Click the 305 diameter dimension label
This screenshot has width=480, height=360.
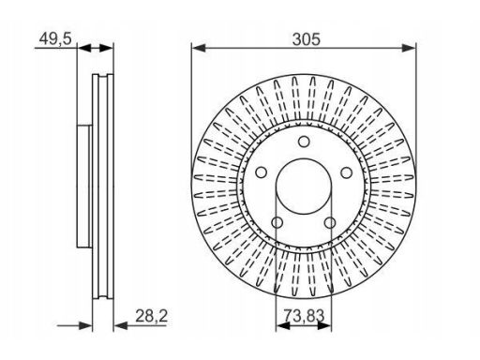point(307,39)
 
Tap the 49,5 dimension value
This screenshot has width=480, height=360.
point(55,38)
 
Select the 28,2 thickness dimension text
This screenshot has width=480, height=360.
point(152,316)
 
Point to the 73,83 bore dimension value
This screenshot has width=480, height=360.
point(304,315)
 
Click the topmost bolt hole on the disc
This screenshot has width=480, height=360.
point(304,142)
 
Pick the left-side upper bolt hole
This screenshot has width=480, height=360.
point(261,172)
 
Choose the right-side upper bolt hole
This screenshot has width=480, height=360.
point(346,172)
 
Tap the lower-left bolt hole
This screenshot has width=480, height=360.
point(277,223)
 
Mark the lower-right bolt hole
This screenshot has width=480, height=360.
point(330,223)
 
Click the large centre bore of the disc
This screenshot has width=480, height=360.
point(304,187)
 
